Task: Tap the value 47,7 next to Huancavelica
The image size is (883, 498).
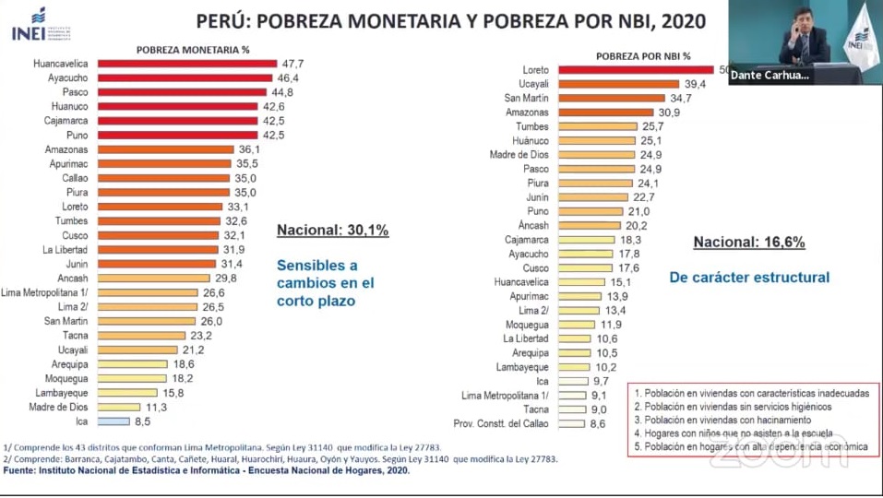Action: coord(293,64)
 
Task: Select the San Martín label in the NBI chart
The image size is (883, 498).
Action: coord(526,98)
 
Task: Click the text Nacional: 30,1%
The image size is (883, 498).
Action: coord(332,231)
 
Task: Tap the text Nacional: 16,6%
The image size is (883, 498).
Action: coord(749,243)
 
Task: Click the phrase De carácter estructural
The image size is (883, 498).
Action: coord(750,277)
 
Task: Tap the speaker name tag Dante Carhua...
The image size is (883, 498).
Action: coord(770,77)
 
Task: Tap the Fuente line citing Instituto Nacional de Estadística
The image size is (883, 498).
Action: coord(207,470)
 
